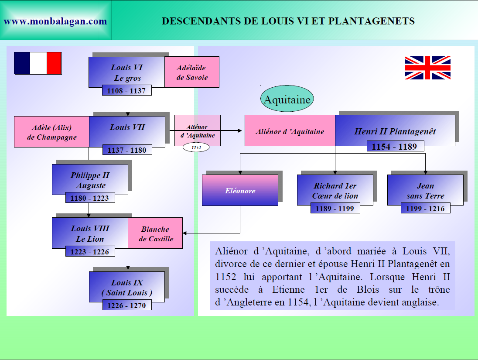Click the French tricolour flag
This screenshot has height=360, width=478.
tap(38, 63)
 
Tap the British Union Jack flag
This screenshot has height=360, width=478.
tap(427, 68)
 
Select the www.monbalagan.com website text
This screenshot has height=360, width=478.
tap(55, 21)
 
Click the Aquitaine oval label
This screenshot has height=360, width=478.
tap(287, 99)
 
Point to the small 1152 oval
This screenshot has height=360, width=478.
tap(196, 147)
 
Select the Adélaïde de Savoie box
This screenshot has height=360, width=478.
tap(192, 72)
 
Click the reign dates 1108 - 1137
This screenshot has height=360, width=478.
tap(127, 91)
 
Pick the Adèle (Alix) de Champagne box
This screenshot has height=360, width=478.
tap(51, 132)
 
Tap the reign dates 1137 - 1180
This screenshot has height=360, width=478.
tap(127, 150)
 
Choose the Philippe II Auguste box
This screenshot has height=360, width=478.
tap(90, 180)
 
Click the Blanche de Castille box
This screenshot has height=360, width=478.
tap(156, 234)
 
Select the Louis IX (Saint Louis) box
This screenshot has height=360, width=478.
tap(127, 287)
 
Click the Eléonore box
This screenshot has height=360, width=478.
tap(240, 191)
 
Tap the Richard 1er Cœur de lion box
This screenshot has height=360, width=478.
tap(335, 191)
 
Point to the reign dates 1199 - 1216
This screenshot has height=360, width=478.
tap(425, 209)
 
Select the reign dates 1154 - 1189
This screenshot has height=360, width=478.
tap(394, 147)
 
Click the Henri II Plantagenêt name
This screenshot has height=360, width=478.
tap(395, 131)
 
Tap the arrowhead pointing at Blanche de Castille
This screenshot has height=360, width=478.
tap(185, 233)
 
